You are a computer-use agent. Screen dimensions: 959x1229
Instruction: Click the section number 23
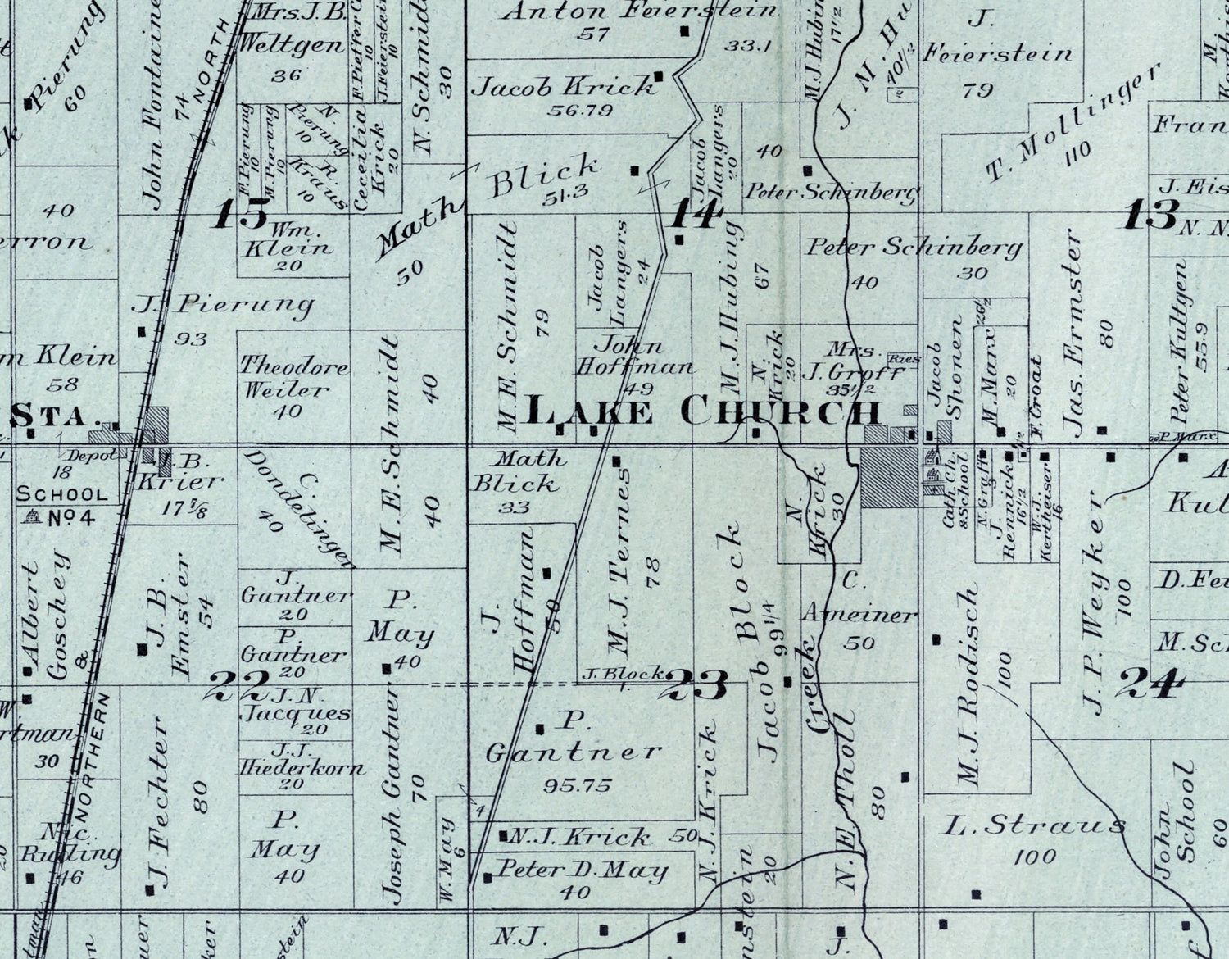pyautogui.click(x=699, y=685)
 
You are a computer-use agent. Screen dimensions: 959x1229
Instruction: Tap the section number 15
pyautogui.click(x=242, y=214)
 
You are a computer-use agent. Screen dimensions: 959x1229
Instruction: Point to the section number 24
pyautogui.click(x=1152, y=683)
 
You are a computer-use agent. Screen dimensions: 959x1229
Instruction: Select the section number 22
pyautogui.click(x=238, y=684)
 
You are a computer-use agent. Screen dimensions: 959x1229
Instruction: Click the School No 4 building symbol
pyautogui.click(x=33, y=517)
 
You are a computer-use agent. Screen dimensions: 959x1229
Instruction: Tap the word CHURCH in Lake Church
pyautogui.click(x=780, y=411)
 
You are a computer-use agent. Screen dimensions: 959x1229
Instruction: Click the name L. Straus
pyautogui.click(x=1033, y=825)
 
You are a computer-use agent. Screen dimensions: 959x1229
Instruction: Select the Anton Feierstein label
pyautogui.click(x=638, y=11)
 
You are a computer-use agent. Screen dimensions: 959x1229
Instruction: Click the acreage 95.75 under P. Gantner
pyautogui.click(x=577, y=785)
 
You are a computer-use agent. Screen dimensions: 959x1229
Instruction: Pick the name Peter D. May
pyautogui.click(x=583, y=870)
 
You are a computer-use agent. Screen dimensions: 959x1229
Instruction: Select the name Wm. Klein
pyautogui.click(x=286, y=238)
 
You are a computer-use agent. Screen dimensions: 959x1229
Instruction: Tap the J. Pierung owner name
pyautogui.click(x=223, y=307)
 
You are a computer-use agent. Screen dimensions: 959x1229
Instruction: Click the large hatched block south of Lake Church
pyautogui.click(x=889, y=476)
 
